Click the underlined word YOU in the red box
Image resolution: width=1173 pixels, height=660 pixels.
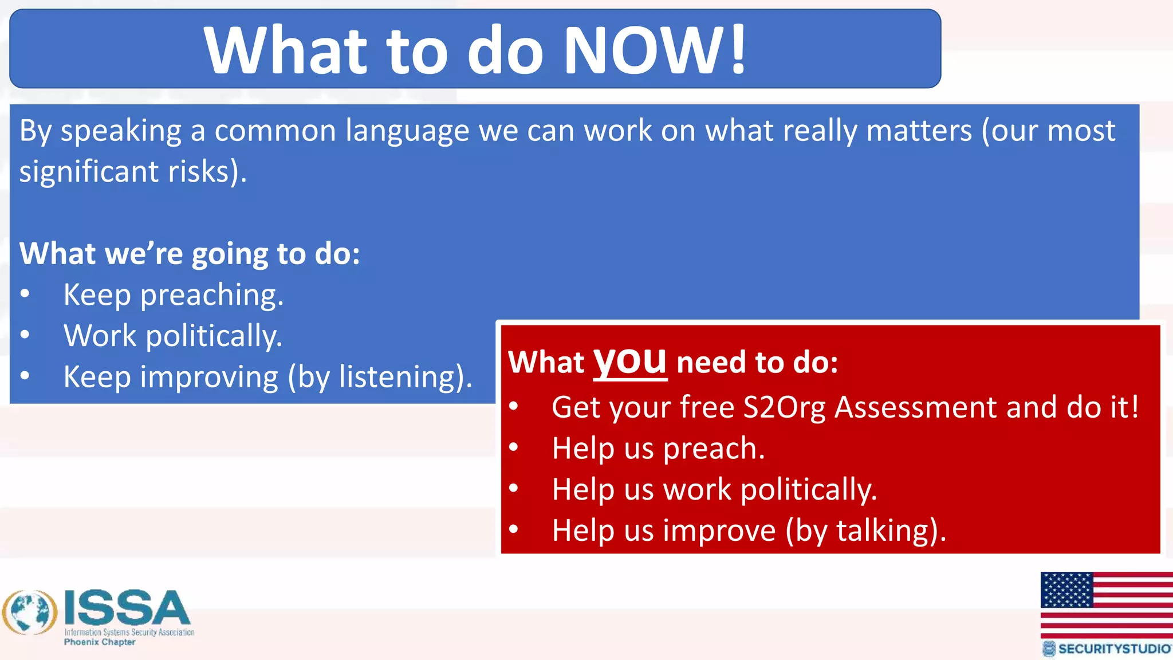click(629, 362)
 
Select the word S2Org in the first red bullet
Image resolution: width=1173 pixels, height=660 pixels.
click(784, 408)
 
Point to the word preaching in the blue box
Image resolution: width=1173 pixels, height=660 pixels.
click(211, 296)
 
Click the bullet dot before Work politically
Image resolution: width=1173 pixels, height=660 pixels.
click(25, 335)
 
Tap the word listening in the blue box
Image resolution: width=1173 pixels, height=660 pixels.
click(400, 378)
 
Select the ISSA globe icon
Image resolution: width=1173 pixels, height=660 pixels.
click(30, 612)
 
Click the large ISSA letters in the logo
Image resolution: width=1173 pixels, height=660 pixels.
click(127, 608)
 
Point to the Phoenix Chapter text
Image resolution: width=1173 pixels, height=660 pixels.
click(100, 642)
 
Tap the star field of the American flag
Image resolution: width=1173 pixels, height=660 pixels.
click(1066, 590)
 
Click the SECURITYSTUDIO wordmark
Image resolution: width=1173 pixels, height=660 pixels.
click(1113, 649)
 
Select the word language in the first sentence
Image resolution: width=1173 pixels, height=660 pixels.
click(407, 131)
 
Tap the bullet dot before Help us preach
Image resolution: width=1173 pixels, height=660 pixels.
click(514, 447)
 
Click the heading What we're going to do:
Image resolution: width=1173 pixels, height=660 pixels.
click(190, 254)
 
